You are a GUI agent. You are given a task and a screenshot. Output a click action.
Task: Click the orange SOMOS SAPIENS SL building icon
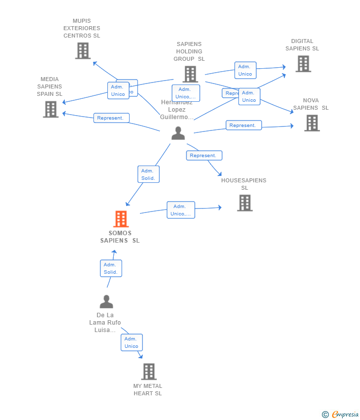click(121, 219)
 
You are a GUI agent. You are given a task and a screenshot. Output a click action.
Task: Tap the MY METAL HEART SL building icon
click(148, 372)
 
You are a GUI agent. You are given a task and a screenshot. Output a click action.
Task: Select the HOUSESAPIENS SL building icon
click(245, 203)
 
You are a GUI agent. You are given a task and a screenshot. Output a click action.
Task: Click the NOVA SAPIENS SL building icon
click(312, 123)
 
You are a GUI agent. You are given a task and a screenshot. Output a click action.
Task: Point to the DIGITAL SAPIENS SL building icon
click(303, 64)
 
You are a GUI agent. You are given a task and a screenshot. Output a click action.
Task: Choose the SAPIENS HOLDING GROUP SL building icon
click(190, 74)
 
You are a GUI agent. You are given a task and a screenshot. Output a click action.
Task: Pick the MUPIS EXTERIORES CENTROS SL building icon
click(83, 51)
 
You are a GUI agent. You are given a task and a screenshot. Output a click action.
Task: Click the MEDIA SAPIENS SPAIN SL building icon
click(50, 109)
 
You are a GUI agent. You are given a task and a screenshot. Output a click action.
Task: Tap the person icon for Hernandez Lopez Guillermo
click(178, 133)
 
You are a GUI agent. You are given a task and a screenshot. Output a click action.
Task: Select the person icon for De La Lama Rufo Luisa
click(106, 301)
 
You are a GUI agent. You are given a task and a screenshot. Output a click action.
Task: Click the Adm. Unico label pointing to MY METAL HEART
click(132, 342)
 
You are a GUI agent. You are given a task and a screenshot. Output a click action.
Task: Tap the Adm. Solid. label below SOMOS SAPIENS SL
click(111, 268)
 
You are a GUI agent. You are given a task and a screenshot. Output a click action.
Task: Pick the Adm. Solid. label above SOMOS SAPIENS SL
click(148, 174)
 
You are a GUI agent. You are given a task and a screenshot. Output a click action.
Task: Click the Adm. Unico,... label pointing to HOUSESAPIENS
click(180, 210)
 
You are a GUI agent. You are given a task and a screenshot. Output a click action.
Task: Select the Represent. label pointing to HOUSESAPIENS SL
click(204, 156)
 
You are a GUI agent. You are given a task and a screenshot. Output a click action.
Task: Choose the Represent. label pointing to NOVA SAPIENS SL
click(243, 126)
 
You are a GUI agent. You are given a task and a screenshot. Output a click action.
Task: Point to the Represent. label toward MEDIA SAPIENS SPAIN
click(111, 118)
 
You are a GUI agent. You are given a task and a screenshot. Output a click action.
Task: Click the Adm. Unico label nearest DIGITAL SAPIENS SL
click(245, 70)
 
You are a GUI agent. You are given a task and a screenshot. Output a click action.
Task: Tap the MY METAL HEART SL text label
click(147, 390)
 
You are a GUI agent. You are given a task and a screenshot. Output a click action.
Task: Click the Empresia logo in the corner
click(341, 414)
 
